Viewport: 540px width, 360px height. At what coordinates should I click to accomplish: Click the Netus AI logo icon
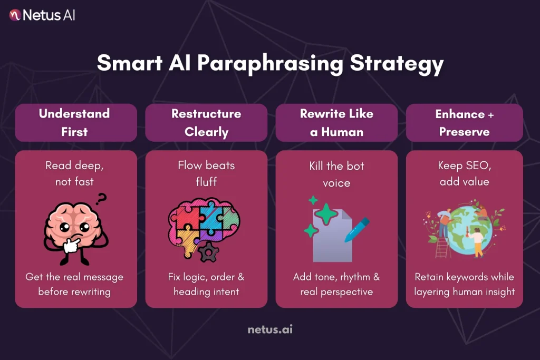coord(15,15)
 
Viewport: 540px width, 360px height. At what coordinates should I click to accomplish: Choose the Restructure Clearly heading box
coord(206,122)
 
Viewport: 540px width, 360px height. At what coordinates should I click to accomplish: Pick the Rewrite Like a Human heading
coord(336,122)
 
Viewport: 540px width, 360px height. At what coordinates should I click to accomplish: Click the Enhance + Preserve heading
coord(464,122)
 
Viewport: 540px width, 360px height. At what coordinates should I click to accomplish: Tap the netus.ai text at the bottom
coord(270,330)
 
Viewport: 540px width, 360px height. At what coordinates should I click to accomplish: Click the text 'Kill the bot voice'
coord(336,174)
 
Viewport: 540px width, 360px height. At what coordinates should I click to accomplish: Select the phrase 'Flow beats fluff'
coord(206,173)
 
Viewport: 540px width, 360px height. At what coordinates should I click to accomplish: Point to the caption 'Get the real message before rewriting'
coord(74,284)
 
